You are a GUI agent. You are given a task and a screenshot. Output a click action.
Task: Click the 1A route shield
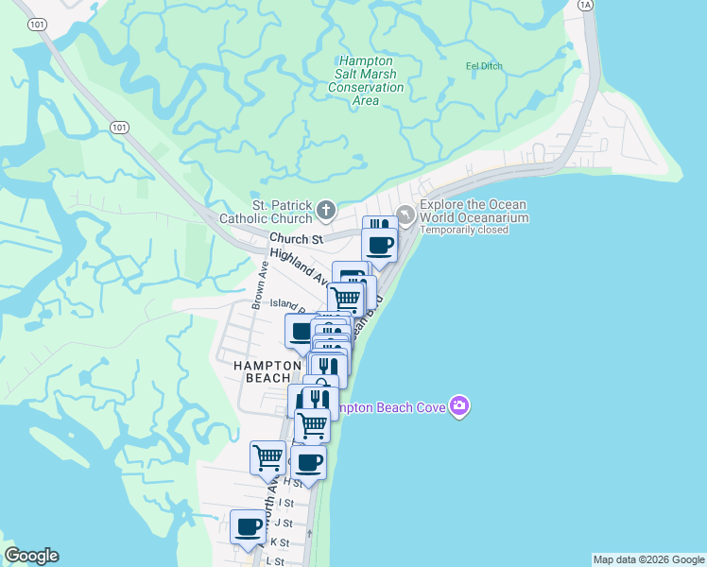585,5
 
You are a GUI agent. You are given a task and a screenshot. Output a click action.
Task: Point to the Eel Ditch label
484,66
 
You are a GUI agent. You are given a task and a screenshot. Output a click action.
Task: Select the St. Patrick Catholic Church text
281,213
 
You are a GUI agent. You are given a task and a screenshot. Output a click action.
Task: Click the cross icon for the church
325,209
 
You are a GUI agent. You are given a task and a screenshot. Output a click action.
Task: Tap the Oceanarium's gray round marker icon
405,215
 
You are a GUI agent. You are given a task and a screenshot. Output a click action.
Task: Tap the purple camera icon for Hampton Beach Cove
459,406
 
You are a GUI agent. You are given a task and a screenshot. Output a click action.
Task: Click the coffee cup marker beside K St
249,526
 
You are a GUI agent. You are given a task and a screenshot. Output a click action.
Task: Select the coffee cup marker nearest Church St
380,245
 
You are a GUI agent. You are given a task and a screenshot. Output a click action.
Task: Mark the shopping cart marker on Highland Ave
346,299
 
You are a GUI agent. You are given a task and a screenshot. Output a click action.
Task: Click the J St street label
284,523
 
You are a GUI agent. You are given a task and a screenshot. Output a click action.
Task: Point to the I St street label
286,503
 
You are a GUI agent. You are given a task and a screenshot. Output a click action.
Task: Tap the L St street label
275,561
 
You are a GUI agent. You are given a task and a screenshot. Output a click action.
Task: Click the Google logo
31,556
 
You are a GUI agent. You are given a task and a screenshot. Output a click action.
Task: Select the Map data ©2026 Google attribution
648,559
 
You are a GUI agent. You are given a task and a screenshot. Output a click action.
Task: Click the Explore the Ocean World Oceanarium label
474,212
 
